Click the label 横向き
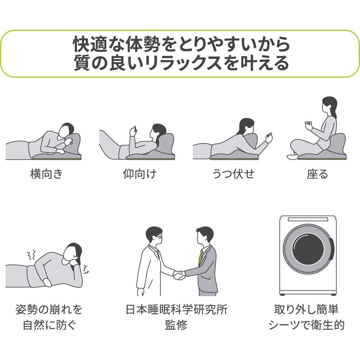pyautogui.click(x=46, y=174)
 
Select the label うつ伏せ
pyautogui.click(x=233, y=174)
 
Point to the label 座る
pyautogui.click(x=318, y=174)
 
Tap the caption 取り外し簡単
pyautogui.click(x=306, y=310)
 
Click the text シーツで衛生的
pyautogui.click(x=306, y=325)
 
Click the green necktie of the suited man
pyautogui.click(x=201, y=256)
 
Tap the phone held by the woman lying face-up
pyautogui.click(x=132, y=131)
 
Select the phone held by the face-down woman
pyautogui.click(x=270, y=137)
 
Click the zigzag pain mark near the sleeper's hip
pyautogui.click(x=31, y=256)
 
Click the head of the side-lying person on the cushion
pyautogui.click(x=67, y=130)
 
